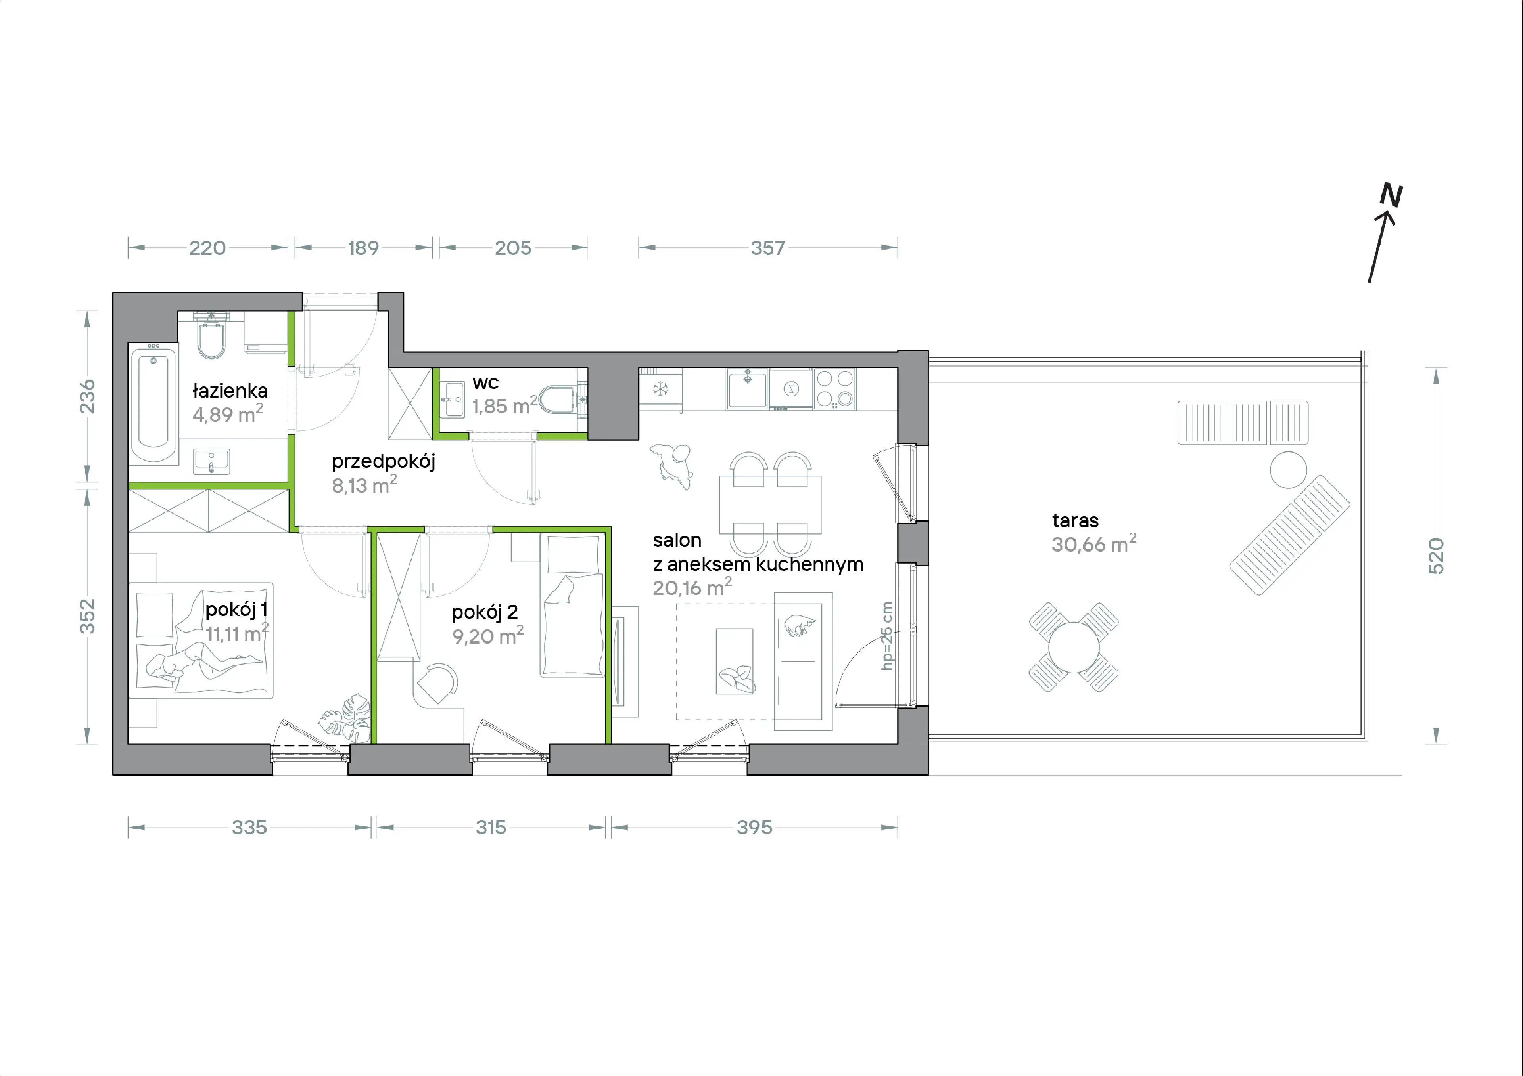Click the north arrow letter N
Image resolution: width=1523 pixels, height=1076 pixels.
point(1392,195)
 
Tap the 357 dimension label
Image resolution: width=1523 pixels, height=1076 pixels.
point(767,248)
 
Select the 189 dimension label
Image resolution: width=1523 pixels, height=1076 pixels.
point(364,248)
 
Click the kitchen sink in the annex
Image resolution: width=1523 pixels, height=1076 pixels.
point(748,388)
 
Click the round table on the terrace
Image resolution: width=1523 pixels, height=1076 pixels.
point(1073,646)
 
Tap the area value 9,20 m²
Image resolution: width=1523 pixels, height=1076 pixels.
point(487,636)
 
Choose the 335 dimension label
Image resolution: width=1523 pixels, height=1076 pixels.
point(249,828)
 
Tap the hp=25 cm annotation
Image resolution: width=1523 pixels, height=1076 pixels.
point(887,636)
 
